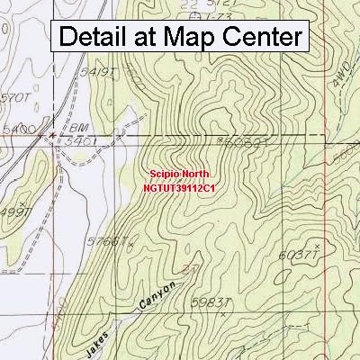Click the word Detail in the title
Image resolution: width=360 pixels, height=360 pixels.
pyautogui.click(x=99, y=38)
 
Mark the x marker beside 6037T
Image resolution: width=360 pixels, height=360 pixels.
pyautogui.click(x=317, y=243)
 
